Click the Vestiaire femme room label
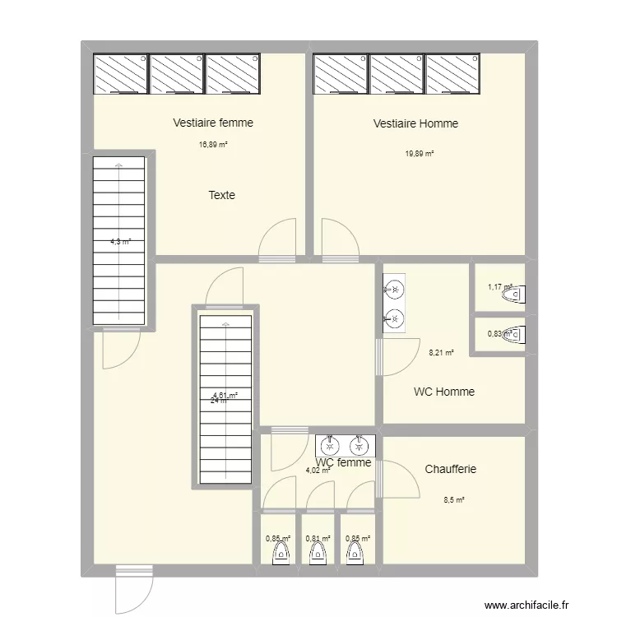pyautogui.click(x=213, y=123)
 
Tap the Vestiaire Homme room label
pyautogui.click(x=415, y=123)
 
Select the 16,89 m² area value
pyautogui.click(x=213, y=145)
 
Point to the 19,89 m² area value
pyautogui.click(x=419, y=154)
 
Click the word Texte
pyautogui.click(x=221, y=195)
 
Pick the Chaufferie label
pyautogui.click(x=450, y=469)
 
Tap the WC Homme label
pyautogui.click(x=443, y=392)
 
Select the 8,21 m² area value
pyautogui.click(x=441, y=355)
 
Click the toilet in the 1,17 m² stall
pyautogui.click(x=515, y=294)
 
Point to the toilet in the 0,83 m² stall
pyautogui.click(x=515, y=334)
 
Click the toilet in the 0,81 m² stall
pyautogui.click(x=317, y=554)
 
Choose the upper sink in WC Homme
pyautogui.click(x=394, y=289)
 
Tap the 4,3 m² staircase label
pyautogui.click(x=120, y=242)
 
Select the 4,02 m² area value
pyautogui.click(x=318, y=471)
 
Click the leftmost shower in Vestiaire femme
pyautogui.click(x=120, y=74)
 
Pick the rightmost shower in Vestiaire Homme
pyautogui.click(x=452, y=74)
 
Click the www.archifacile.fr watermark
pyautogui.click(x=527, y=605)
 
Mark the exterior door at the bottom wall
pyautogui.click(x=133, y=588)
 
